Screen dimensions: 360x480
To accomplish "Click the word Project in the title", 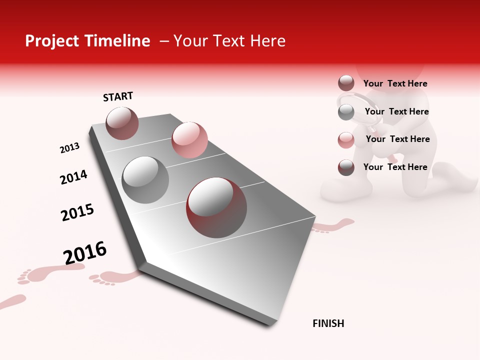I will tap(51, 41).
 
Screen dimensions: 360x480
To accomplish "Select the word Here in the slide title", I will tap(267, 41).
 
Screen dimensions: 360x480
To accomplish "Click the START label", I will tap(118, 96).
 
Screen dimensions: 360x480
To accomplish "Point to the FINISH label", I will tap(328, 323).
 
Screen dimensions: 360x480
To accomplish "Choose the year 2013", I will tap(69, 148).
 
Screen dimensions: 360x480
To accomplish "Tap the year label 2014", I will tap(73, 177).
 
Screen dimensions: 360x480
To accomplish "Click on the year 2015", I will tap(77, 212).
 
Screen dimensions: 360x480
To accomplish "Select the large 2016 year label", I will tap(85, 252).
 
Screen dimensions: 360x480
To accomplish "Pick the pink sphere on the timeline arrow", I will tap(189, 139).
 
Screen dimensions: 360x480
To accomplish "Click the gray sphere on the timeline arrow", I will tap(145, 179).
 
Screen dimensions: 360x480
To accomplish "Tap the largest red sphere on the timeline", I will tap(216, 207).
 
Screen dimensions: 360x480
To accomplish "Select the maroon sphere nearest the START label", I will tap(122, 123).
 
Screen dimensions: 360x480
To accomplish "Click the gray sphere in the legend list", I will tap(346, 112).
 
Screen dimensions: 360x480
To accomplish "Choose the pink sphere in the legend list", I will tap(346, 140).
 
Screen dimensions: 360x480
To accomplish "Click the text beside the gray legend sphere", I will tap(396, 111).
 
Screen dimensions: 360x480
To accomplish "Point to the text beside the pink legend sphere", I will tap(397, 139).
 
